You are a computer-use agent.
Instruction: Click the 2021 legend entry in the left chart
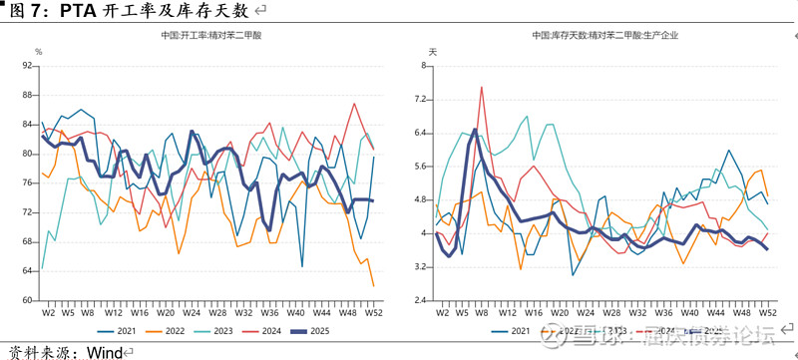click(119, 330)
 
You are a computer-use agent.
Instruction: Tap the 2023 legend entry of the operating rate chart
click(217, 330)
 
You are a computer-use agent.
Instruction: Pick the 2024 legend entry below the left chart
click(267, 330)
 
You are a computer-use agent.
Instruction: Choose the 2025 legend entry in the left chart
click(318, 330)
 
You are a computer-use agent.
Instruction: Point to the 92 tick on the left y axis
click(27, 66)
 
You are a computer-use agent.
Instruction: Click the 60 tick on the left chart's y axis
click(27, 300)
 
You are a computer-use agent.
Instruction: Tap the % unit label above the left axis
click(39, 51)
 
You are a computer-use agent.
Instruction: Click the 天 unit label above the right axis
click(432, 51)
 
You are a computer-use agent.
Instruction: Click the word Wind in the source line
click(103, 351)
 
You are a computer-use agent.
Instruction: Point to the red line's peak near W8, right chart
click(482, 87)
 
